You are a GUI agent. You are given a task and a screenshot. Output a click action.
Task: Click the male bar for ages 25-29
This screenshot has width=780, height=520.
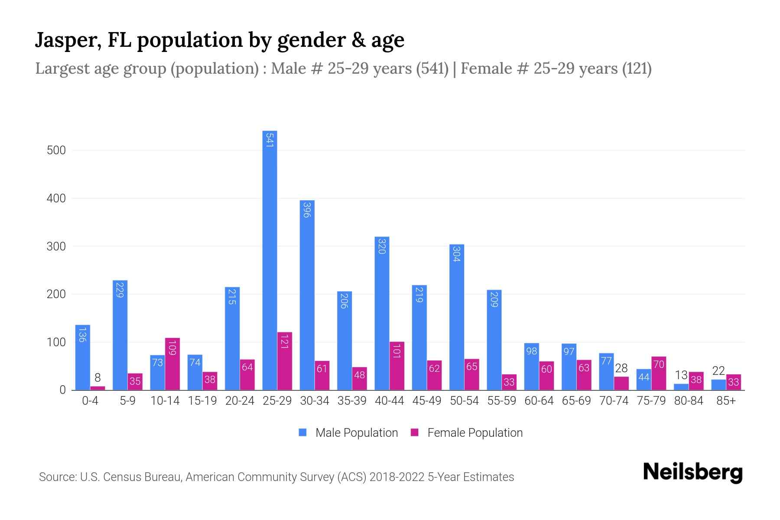(270, 260)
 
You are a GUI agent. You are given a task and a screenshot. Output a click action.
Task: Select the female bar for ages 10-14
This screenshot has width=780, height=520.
(172, 364)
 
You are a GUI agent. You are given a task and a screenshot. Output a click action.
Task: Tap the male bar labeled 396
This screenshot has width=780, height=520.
(307, 295)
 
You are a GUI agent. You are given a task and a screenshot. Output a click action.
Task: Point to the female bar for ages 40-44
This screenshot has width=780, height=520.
(397, 366)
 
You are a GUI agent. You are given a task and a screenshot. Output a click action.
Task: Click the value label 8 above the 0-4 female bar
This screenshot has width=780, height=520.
(97, 378)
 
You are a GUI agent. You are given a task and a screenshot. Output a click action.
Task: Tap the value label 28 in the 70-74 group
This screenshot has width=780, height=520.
(621, 368)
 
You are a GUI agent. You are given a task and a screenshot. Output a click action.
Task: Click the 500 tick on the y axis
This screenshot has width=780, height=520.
(56, 150)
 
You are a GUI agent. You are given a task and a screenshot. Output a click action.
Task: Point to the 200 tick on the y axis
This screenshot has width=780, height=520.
(56, 294)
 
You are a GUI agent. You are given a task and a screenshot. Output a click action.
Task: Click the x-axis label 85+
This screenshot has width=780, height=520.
(726, 401)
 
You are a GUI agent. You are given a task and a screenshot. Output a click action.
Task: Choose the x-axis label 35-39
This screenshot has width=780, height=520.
(352, 401)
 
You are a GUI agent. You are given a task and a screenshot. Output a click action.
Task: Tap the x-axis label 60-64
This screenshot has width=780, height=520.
(539, 401)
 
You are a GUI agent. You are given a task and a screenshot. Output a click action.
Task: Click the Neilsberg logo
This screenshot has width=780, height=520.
(692, 472)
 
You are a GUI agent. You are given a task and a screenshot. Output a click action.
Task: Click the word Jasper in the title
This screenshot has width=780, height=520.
(67, 40)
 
